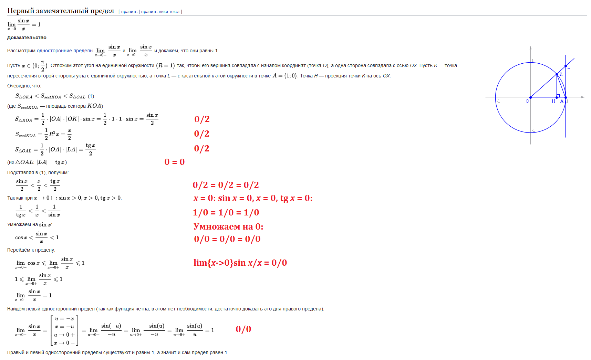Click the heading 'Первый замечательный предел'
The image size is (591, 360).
tap(61, 11)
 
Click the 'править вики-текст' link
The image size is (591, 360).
tap(160, 12)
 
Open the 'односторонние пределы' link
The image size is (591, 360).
tap(65, 51)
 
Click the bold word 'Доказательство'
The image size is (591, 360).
tap(27, 38)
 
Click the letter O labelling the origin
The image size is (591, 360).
tap(527, 101)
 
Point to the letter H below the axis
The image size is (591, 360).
tap(553, 101)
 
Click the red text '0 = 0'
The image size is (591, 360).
tap(175, 162)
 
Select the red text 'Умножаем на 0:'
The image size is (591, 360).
tap(228, 226)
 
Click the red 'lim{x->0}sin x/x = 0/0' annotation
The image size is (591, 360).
tap(240, 263)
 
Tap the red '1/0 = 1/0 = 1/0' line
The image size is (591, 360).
tap(226, 212)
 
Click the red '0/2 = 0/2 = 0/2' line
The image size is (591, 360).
tap(226, 185)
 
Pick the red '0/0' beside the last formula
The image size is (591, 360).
tap(243, 329)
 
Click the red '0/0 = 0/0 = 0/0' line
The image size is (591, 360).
tap(227, 239)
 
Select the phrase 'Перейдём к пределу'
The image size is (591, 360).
tap(31, 250)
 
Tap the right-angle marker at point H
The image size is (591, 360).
tap(558, 96)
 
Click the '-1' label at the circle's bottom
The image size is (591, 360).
tap(533, 130)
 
